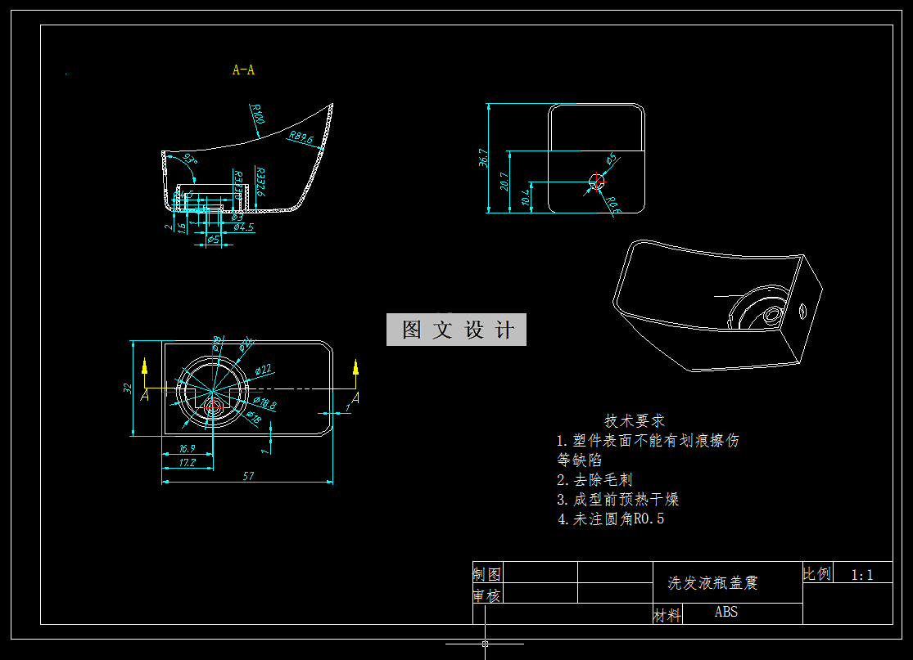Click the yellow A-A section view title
point(243,70)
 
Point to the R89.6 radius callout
point(301,138)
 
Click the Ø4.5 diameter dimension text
point(244,227)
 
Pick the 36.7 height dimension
point(483,159)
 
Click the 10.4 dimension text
point(526,197)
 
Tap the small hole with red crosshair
point(596,182)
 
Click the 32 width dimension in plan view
point(129,388)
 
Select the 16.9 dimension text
point(186,448)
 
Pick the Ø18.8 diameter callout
point(264,402)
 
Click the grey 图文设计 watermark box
point(456,330)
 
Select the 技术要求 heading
point(635,420)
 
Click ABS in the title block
point(725,612)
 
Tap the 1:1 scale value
point(861,575)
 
